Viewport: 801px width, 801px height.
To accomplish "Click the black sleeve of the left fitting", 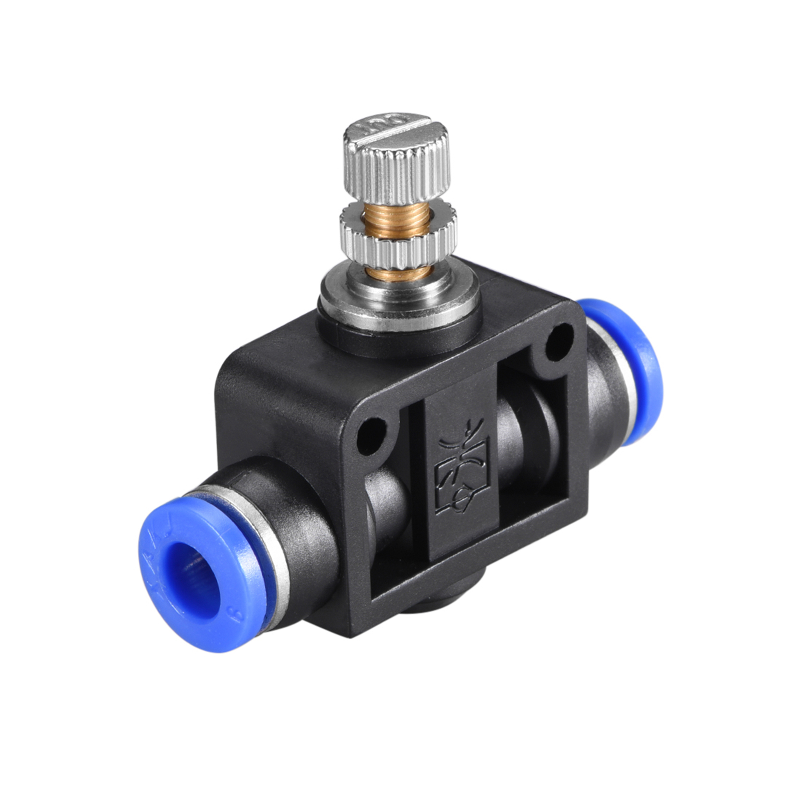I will tap(303, 527).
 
